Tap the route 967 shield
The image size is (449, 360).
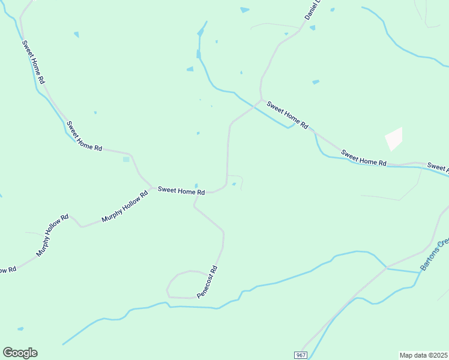coord(301,355)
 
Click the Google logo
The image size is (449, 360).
coord(20,353)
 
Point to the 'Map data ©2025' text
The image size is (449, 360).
coord(424,355)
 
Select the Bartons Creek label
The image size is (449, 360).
coord(435,254)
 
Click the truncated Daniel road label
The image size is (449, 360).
coord(312,10)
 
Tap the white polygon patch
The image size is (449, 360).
coord(394,139)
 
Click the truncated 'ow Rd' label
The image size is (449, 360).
coord(7,271)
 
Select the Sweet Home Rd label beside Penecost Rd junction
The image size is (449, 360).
coord(181,190)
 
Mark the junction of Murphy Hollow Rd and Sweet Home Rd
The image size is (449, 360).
coord(150,187)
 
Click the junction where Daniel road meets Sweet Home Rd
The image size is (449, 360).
coord(261,100)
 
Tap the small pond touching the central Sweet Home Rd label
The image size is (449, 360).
coord(196,185)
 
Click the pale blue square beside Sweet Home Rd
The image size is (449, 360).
coord(126,159)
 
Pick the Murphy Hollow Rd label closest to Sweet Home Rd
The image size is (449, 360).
coord(124,207)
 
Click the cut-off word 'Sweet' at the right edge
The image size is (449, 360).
coord(438,166)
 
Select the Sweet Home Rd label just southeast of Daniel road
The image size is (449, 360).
coord(288,115)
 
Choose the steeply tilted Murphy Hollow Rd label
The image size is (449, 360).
coord(52,235)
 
